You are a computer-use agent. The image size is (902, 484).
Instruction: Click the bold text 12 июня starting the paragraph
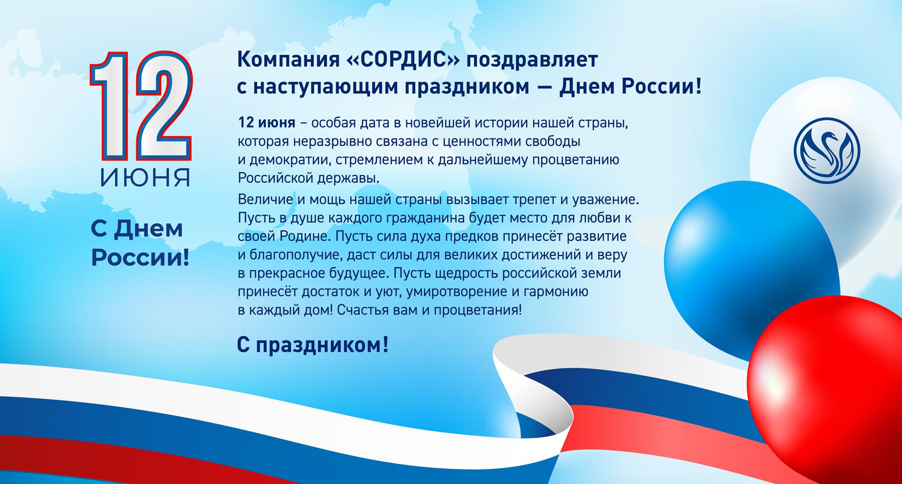[x=267, y=123]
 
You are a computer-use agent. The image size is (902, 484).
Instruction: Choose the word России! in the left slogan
[x=140, y=258]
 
